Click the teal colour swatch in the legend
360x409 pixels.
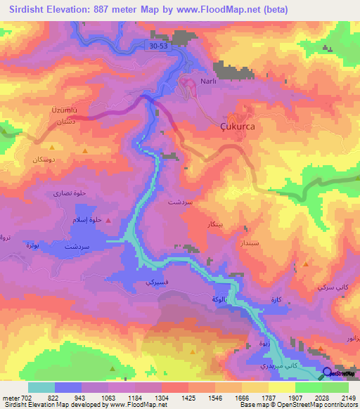coord(41,387)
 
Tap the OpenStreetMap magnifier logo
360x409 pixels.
coord(328,373)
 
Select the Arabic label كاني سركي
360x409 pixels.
coord(330,288)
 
